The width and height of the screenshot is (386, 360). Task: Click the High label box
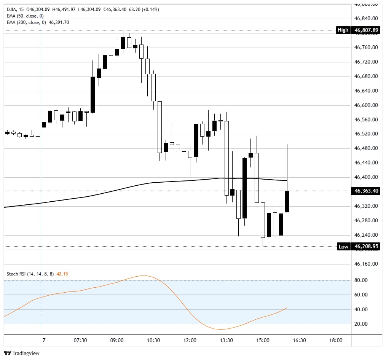coord(343,30)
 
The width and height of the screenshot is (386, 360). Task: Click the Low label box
coord(343,247)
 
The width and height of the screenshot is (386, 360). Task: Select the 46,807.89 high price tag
coord(366,30)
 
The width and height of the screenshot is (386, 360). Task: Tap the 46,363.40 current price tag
coord(366,191)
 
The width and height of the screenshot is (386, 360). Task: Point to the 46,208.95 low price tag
coord(366,247)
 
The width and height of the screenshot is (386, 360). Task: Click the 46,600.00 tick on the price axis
coord(366,105)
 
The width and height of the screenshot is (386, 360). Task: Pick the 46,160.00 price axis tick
coord(366,264)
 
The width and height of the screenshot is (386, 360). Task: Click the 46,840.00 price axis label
coord(366,18)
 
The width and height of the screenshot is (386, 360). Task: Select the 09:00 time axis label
coord(116,340)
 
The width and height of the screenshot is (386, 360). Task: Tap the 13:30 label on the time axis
coord(226,340)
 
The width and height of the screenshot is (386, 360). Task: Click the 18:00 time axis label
coord(336,340)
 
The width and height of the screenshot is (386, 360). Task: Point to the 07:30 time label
coord(80,340)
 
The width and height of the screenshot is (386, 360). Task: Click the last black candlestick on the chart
coord(287,201)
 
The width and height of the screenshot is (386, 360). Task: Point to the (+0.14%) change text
coord(150,9)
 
